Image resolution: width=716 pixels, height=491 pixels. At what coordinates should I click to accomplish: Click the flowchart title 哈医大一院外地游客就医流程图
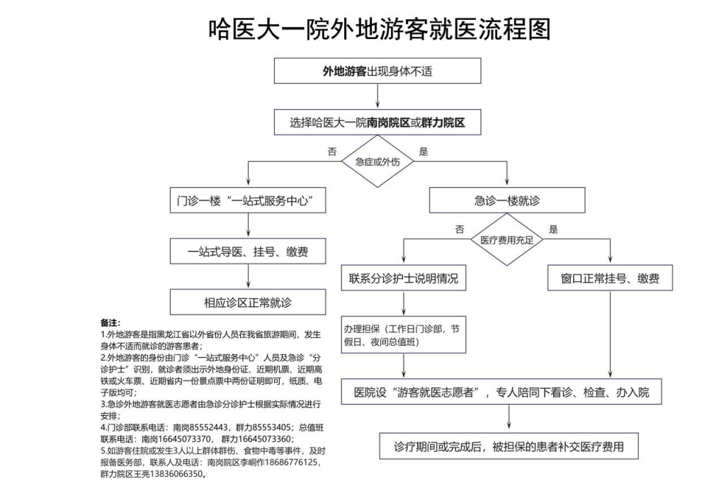click(379, 29)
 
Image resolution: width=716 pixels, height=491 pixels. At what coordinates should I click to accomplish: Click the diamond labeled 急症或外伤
click(377, 162)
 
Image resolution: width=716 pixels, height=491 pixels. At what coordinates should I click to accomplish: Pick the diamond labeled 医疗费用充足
click(506, 239)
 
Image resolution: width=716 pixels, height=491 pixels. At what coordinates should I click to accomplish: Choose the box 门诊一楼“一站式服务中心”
click(248, 201)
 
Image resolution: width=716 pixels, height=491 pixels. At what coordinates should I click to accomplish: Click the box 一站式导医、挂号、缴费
click(248, 252)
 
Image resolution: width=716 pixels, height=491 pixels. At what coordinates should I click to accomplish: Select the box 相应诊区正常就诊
click(248, 303)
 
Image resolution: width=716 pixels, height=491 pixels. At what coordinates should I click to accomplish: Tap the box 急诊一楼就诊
click(506, 201)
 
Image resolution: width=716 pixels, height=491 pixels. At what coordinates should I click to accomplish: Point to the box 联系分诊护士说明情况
click(404, 278)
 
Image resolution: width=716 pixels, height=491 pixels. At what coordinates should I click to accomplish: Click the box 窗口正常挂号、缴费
click(610, 278)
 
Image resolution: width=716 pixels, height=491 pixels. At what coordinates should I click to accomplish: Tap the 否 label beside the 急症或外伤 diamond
click(332, 152)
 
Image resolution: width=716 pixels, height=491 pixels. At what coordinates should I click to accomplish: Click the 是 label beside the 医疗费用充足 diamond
click(554, 229)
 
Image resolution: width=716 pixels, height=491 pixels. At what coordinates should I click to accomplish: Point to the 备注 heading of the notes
click(110, 323)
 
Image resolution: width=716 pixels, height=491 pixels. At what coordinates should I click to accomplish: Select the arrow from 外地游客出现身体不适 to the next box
click(377, 96)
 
